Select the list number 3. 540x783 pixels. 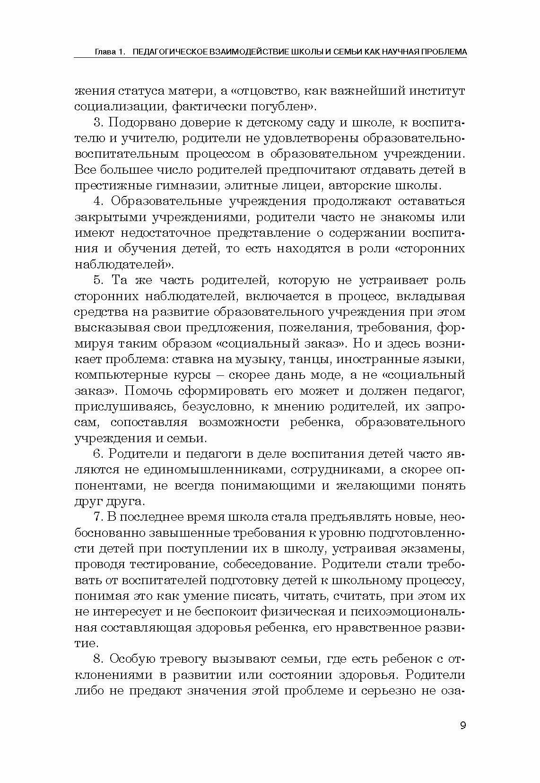[x=98, y=122]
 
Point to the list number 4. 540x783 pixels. [x=98, y=201]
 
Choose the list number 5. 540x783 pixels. [x=98, y=280]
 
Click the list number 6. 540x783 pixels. [x=98, y=454]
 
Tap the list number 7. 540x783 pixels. [x=98, y=516]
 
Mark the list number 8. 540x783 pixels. [x=98, y=658]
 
